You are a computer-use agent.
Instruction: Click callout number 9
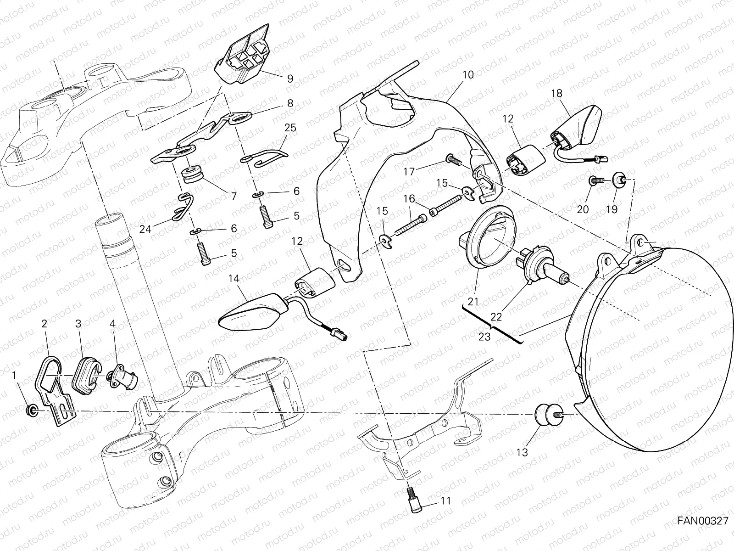[289, 79]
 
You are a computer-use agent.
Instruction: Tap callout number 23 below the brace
[484, 337]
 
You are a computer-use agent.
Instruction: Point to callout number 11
[445, 500]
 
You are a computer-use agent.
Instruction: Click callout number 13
[522, 452]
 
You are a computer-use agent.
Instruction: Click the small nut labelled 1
[33, 408]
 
